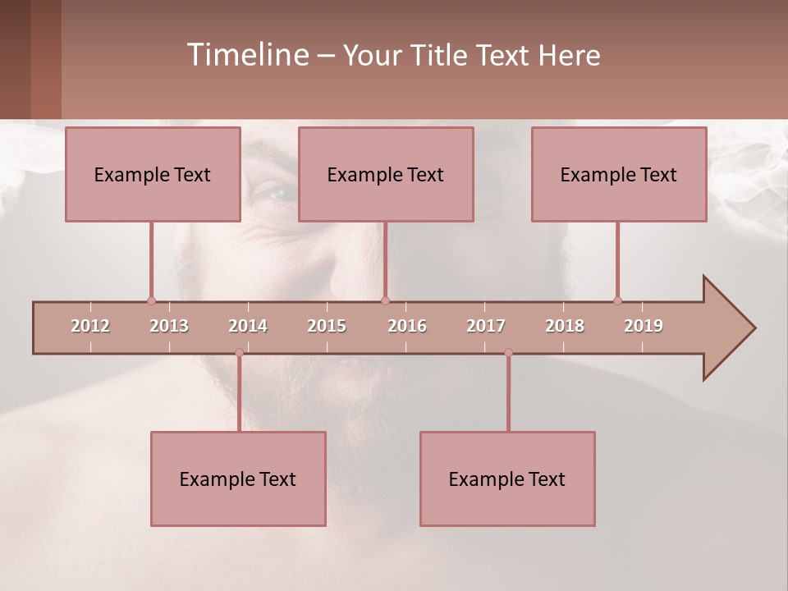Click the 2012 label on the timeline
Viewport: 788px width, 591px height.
(x=90, y=326)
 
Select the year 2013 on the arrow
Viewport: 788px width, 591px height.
(x=169, y=326)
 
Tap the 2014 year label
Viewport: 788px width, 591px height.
(x=248, y=326)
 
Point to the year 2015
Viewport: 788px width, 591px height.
(x=327, y=326)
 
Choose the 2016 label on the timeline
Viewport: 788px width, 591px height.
(x=407, y=326)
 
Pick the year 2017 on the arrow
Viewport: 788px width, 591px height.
(x=486, y=326)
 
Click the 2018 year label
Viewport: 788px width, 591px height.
(x=565, y=326)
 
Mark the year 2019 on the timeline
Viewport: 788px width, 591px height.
(x=644, y=326)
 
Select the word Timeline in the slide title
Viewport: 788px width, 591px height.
(x=246, y=55)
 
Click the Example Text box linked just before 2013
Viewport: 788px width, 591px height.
(x=153, y=175)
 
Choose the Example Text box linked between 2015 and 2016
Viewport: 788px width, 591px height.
(x=386, y=175)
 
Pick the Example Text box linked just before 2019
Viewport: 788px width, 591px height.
(x=619, y=175)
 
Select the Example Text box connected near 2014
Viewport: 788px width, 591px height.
(x=238, y=479)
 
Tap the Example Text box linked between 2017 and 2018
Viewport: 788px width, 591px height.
(x=507, y=479)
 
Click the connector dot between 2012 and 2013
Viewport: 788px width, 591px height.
(x=151, y=300)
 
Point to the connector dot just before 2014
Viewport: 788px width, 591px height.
(x=239, y=353)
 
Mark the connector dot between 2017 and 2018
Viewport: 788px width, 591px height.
(x=508, y=353)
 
